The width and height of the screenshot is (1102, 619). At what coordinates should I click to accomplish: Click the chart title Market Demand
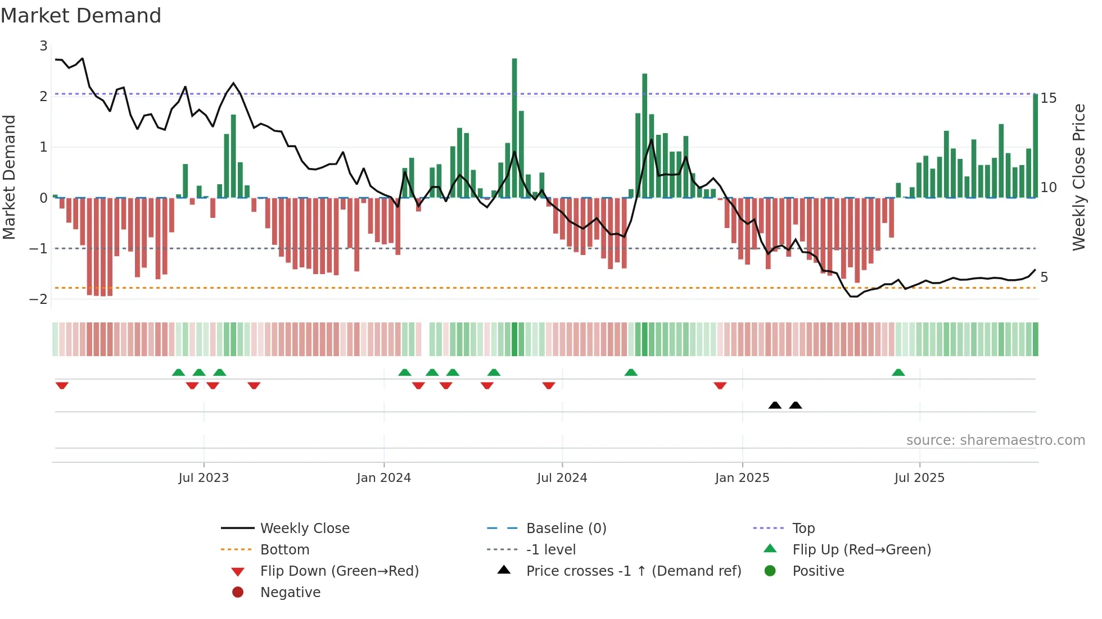(81, 16)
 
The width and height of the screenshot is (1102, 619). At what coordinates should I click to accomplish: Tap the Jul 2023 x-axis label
(204, 478)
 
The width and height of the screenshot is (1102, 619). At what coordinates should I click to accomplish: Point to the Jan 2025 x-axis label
(742, 478)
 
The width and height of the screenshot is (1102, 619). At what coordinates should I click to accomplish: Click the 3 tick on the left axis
(43, 46)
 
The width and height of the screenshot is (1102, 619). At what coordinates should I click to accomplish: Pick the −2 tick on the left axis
(39, 299)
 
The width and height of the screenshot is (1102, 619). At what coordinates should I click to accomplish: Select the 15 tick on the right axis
(1049, 98)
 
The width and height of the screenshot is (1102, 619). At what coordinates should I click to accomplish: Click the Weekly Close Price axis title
(1078, 177)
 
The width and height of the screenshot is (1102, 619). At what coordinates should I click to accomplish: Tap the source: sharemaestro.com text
(995, 440)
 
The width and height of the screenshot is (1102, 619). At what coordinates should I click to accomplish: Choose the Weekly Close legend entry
(305, 529)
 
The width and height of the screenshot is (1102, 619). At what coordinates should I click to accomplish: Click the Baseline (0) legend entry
(566, 529)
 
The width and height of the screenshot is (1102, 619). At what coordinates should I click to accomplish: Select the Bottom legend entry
(284, 550)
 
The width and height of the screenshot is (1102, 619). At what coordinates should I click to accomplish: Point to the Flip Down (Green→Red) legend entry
(339, 571)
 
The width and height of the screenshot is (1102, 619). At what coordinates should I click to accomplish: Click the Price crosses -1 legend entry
(633, 571)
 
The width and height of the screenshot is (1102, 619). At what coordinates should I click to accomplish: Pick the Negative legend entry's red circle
(238, 593)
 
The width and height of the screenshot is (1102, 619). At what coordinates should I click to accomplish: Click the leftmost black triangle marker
(775, 406)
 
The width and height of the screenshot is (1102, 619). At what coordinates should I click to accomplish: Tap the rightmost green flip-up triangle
(898, 372)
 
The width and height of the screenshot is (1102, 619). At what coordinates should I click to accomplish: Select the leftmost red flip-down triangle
(62, 385)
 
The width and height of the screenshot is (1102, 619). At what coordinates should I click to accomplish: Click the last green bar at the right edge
(1036, 146)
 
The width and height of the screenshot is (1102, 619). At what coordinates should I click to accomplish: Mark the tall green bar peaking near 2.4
(645, 135)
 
